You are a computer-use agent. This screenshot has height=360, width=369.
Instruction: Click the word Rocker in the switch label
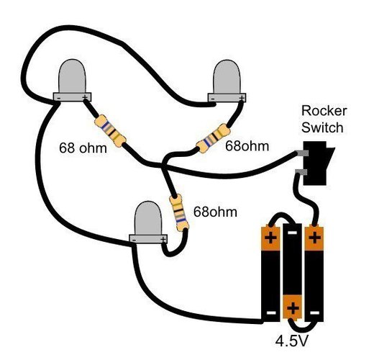point(324,111)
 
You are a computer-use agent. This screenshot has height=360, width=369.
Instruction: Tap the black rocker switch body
point(316,163)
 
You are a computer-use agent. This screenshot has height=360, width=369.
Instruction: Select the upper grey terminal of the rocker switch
point(301,153)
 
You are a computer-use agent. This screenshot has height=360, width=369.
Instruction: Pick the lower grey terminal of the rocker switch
point(301,171)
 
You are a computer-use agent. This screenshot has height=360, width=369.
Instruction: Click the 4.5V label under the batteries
point(291,341)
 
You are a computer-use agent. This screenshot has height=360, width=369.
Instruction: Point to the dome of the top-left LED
point(72,76)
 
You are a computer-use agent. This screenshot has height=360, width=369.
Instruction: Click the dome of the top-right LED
point(227,77)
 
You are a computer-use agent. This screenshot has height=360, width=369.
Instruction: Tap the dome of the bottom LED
point(148,218)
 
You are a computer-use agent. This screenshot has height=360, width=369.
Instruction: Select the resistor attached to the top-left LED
point(110,131)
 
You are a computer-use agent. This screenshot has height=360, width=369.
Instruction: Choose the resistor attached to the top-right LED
point(214,138)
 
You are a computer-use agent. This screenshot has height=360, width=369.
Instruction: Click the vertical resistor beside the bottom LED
point(179,212)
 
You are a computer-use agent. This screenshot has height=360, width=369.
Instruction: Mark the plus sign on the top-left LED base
point(85,97)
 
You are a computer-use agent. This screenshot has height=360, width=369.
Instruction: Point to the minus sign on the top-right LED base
point(212,98)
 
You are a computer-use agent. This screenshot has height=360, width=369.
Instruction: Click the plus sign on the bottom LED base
point(163,239)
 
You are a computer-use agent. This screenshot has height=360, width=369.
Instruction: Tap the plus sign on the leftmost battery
point(270,238)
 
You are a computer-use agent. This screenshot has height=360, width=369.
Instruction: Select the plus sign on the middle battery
point(293,308)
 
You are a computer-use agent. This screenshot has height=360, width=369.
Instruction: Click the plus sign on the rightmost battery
point(314,238)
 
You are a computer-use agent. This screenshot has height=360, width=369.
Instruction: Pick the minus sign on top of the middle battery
point(292,233)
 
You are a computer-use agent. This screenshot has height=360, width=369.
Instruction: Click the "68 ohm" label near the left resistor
point(83,148)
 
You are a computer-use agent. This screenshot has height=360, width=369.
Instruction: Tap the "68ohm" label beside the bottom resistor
point(215,212)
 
